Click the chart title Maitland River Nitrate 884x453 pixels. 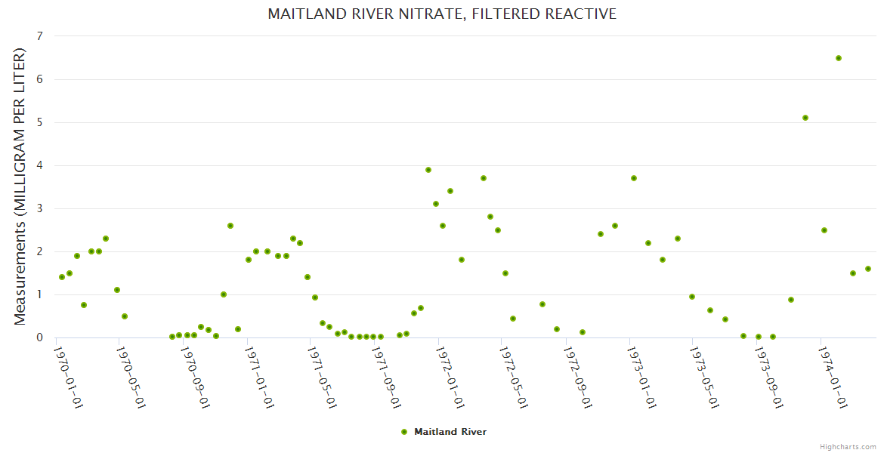click(x=442, y=14)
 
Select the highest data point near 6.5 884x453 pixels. click(x=839, y=58)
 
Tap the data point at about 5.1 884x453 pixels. click(x=805, y=118)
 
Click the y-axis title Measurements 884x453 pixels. click(x=20, y=186)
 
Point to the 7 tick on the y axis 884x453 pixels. click(x=39, y=36)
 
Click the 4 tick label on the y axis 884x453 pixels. click(x=39, y=165)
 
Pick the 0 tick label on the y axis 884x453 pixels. click(x=39, y=337)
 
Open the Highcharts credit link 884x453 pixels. click(x=848, y=446)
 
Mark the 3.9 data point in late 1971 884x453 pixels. click(x=428, y=170)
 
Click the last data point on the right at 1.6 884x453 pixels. click(x=868, y=269)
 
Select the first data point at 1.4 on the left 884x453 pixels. click(x=62, y=277)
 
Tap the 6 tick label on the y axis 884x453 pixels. click(x=39, y=79)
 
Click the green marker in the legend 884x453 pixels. click(x=404, y=432)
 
